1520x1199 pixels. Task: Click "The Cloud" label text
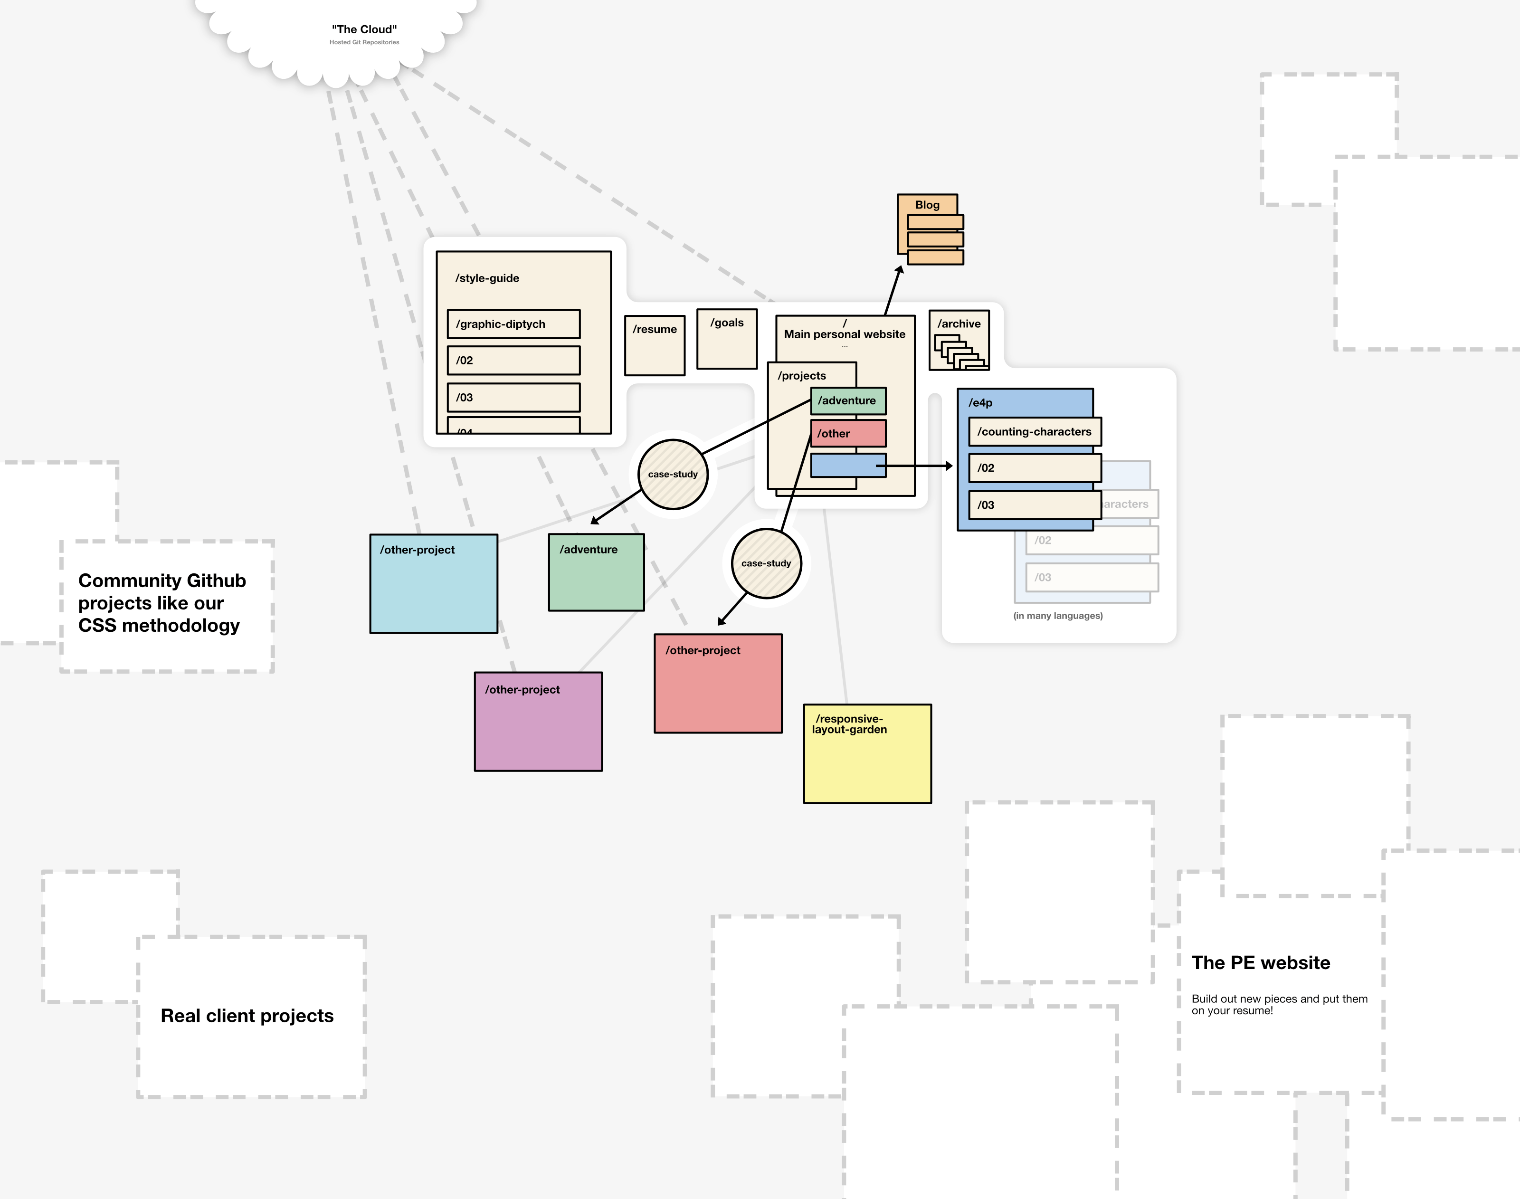(364, 29)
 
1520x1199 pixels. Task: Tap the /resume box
(655, 345)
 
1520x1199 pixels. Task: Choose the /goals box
(727, 339)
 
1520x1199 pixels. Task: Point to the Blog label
(927, 205)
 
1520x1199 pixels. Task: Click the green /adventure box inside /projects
(848, 401)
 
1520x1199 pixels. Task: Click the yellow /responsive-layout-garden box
(867, 754)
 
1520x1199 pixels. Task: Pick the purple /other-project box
(538, 722)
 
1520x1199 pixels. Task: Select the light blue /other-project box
(434, 584)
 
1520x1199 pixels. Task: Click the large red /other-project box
(718, 684)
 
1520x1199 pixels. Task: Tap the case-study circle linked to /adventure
(673, 475)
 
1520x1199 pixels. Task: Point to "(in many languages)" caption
(1057, 616)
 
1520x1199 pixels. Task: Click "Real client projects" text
(247, 1016)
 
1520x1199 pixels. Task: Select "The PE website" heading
(1260, 962)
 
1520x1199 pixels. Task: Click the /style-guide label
(487, 278)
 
